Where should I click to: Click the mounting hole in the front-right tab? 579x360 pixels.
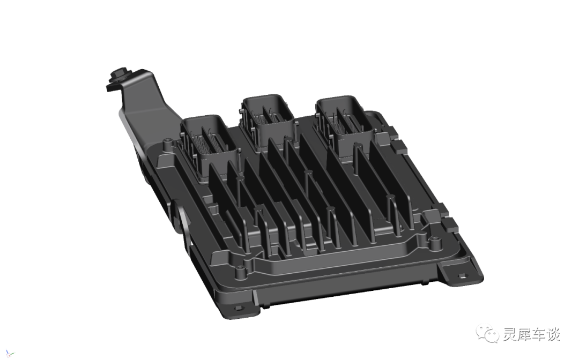(x=462, y=275)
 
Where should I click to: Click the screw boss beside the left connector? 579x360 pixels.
(x=168, y=144)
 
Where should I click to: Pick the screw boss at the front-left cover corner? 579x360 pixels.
(x=241, y=272)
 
